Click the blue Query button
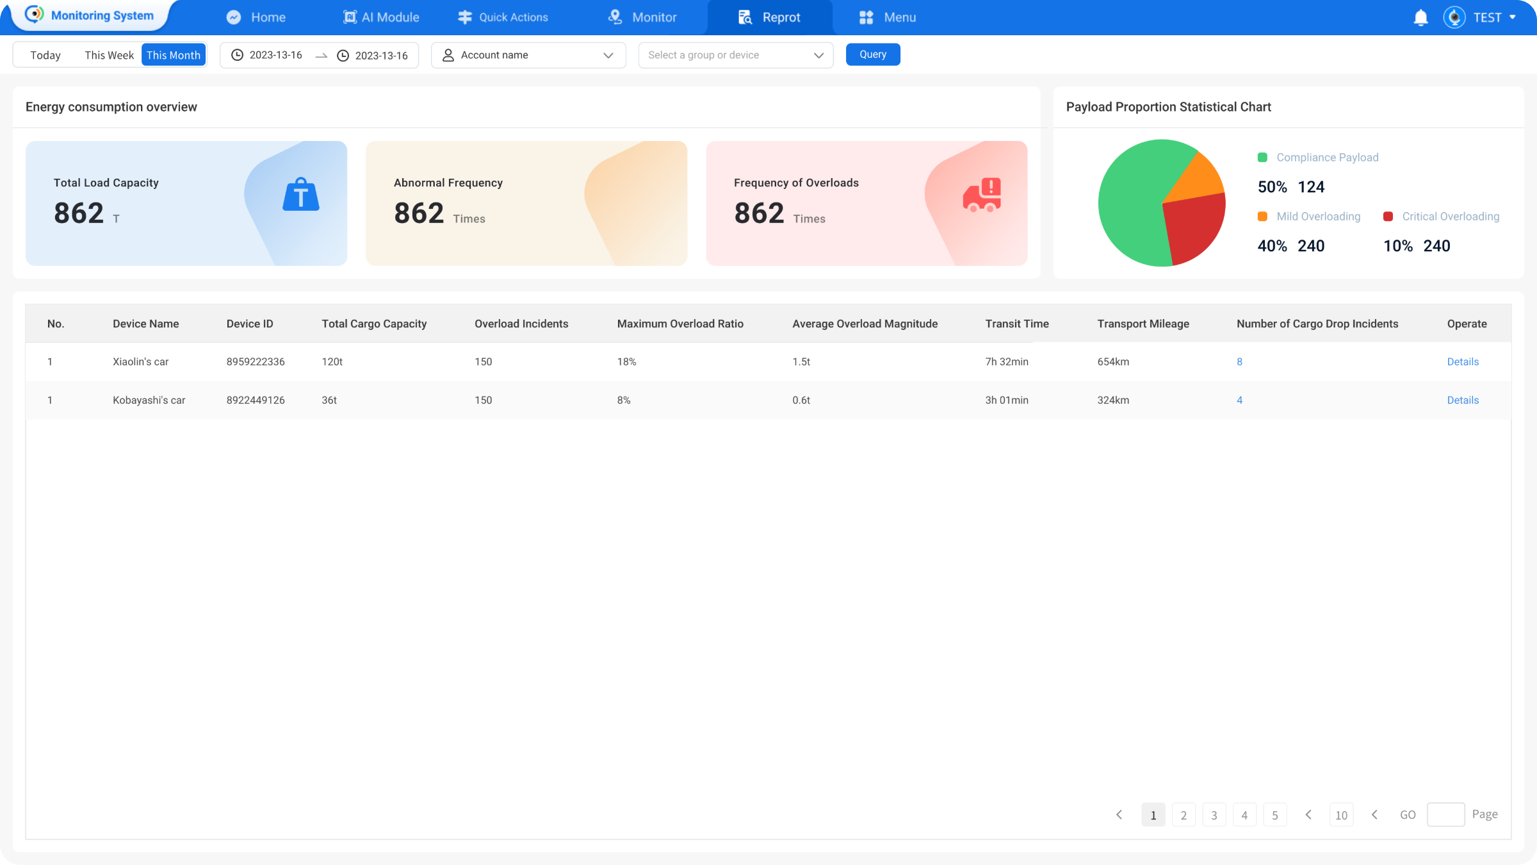click(x=872, y=54)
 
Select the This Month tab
click(x=173, y=55)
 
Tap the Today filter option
click(x=45, y=55)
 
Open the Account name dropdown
click(x=528, y=55)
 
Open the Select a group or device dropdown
click(x=735, y=55)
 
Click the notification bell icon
click(x=1420, y=17)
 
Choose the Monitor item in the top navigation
click(x=642, y=17)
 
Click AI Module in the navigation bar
click(x=382, y=17)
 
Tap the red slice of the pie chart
click(x=1192, y=227)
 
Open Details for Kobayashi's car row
click(x=1463, y=400)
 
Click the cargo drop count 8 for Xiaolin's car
click(x=1239, y=362)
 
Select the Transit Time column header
click(x=1016, y=324)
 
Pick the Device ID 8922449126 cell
click(x=256, y=400)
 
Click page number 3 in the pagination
click(x=1214, y=815)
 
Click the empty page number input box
click(x=1445, y=814)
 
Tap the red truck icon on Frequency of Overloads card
click(x=982, y=195)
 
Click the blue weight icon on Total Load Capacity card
click(x=301, y=195)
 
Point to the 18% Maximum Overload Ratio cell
click(x=626, y=362)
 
